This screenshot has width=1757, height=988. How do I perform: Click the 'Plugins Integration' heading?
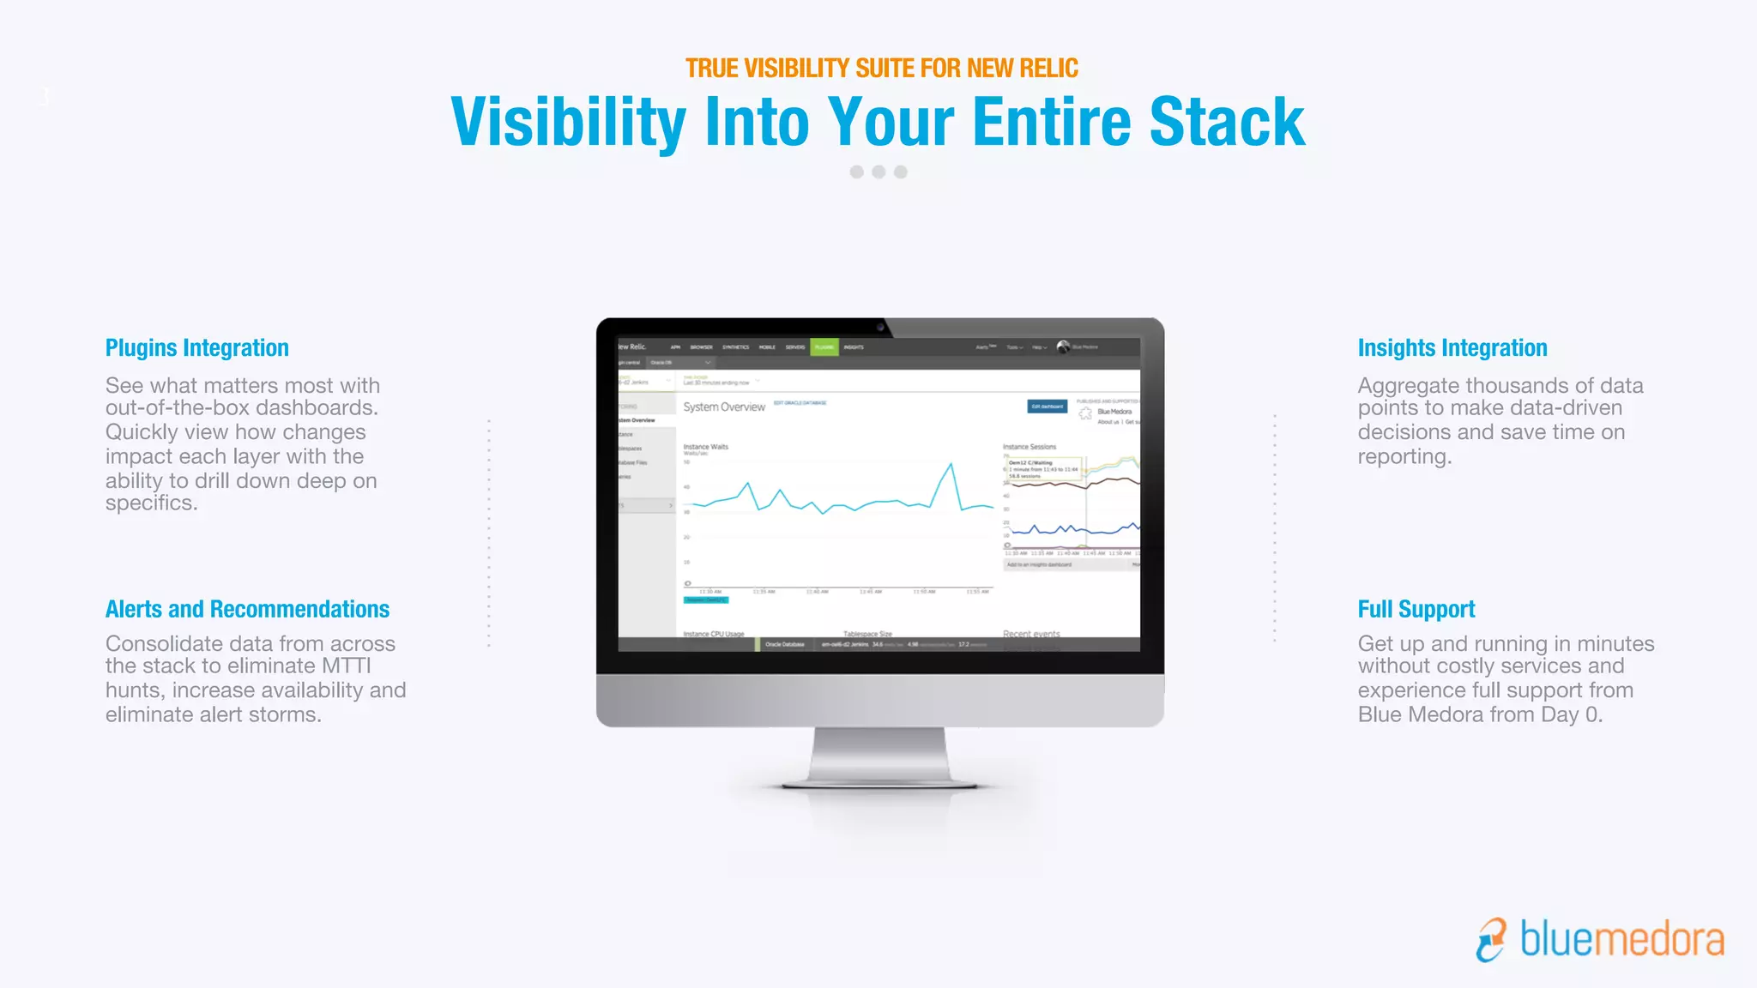point(196,348)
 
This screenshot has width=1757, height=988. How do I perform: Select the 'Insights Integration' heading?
point(1452,348)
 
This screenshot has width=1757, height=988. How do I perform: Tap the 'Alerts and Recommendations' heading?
point(247,610)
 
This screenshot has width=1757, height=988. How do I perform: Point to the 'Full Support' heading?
point(1416,610)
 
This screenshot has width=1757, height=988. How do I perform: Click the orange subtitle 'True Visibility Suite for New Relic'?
point(881,69)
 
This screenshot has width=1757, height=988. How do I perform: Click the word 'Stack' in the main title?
point(1227,123)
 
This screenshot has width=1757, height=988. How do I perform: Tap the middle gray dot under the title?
point(878,172)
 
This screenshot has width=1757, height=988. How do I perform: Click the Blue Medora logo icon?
point(1491,940)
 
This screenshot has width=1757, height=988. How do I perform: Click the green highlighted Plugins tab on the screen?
point(824,347)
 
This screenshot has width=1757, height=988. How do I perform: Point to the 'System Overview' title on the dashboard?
point(724,407)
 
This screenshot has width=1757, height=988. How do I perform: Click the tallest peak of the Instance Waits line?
point(951,465)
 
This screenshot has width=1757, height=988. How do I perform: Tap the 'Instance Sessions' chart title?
point(1029,447)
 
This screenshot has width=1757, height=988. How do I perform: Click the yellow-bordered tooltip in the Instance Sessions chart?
point(1043,469)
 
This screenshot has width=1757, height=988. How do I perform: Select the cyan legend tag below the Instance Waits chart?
point(706,600)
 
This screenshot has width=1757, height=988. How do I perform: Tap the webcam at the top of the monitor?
point(880,327)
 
